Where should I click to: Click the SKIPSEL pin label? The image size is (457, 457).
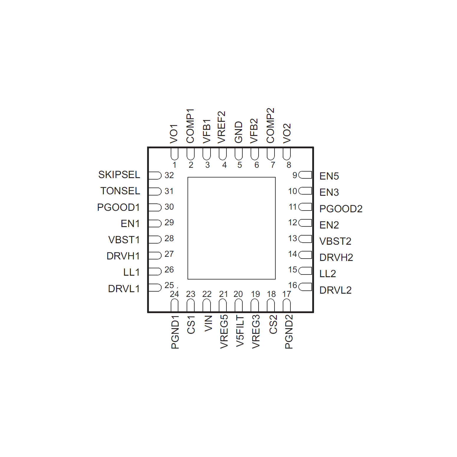click(119, 175)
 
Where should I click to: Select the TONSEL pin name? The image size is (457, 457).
click(120, 191)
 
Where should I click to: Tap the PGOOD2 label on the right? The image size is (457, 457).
click(341, 209)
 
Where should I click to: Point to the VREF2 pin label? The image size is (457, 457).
click(221, 127)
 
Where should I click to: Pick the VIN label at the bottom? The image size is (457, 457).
click(208, 323)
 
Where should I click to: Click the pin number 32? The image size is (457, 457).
click(169, 175)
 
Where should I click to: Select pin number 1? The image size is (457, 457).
click(175, 165)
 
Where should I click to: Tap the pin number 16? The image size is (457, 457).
click(292, 285)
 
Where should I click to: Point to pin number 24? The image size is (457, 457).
click(174, 294)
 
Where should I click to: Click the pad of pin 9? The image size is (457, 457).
click(305, 175)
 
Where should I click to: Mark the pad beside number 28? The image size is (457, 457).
click(155, 239)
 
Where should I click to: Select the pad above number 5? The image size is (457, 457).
click(239, 154)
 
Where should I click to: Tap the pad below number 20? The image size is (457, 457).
click(239, 305)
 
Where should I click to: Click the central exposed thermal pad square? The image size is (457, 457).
click(231, 228)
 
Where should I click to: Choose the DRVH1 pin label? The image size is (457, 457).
click(123, 256)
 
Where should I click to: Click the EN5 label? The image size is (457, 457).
click(329, 176)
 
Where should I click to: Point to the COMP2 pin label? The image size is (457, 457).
click(270, 125)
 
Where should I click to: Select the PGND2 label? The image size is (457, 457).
click(289, 331)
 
